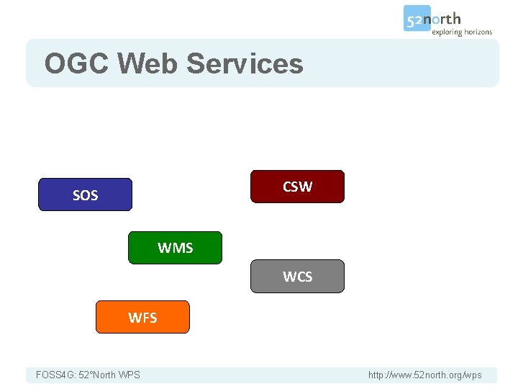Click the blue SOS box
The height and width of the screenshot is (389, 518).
(x=85, y=194)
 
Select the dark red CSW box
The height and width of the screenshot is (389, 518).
(x=297, y=187)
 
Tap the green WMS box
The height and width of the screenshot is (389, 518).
(x=176, y=248)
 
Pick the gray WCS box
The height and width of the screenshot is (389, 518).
(x=297, y=277)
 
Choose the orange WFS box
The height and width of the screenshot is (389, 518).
(x=142, y=317)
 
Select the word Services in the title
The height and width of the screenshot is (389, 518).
(x=245, y=63)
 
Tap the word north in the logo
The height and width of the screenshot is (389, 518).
(x=447, y=19)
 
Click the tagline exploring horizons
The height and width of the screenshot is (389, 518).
(x=461, y=32)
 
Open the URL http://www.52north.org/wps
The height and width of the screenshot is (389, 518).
(x=424, y=375)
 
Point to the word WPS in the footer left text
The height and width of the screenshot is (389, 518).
(x=129, y=375)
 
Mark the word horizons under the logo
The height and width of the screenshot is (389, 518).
(x=477, y=32)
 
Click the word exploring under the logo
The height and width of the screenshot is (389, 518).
(x=446, y=32)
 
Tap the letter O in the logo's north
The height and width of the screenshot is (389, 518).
(x=442, y=19)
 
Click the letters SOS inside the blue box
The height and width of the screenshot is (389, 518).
(x=85, y=195)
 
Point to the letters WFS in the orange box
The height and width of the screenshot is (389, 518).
(x=142, y=318)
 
